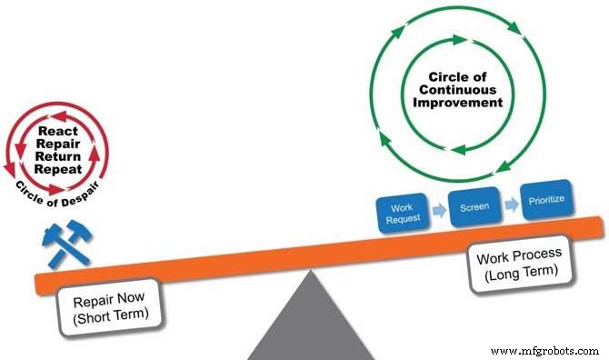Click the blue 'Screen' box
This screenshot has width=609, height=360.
pos(474,206)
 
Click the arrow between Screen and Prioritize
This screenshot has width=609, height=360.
pos(511,205)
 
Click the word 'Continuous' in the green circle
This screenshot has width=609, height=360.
pos(454,91)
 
